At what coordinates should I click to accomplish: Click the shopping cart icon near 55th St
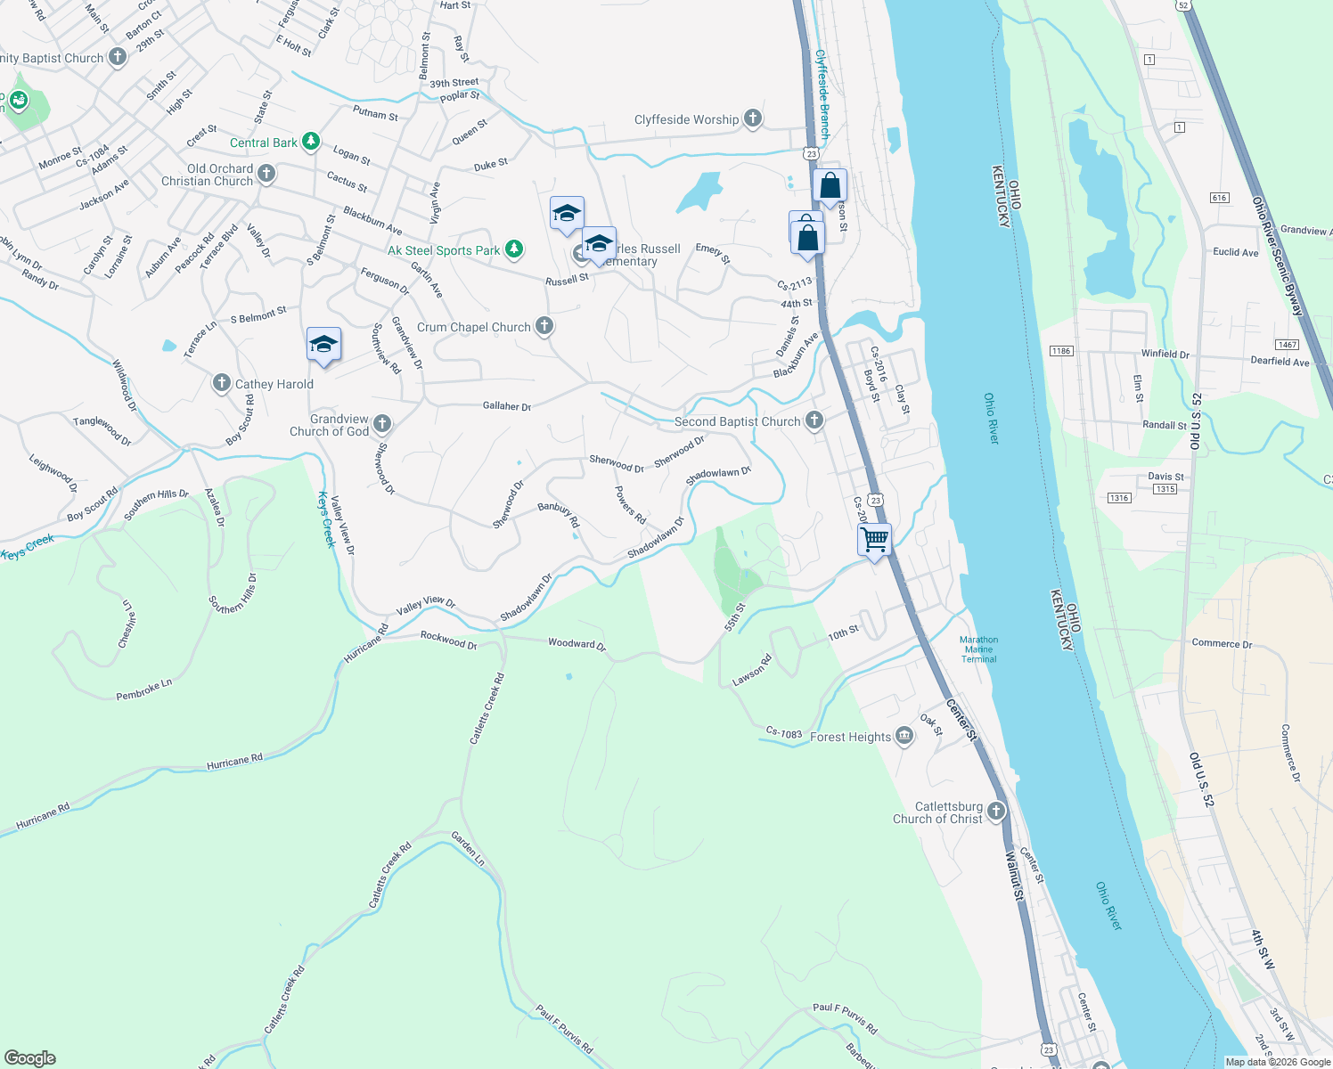coord(874,540)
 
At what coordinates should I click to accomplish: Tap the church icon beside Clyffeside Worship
coord(753,118)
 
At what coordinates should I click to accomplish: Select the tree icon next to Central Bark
coord(310,142)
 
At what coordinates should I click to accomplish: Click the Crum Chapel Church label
coord(473,327)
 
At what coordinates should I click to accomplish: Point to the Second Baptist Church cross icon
coord(814,420)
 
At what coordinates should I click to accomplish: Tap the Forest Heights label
coord(850,737)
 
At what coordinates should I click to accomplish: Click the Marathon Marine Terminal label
coord(978,649)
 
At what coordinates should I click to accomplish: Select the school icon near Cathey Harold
coord(323,345)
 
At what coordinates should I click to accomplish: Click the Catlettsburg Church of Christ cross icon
coord(996,811)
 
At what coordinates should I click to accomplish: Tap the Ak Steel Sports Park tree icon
coord(514,249)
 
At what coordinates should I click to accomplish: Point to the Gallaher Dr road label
coord(506,406)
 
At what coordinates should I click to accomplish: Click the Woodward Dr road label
coord(577,643)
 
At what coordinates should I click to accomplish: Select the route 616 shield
coord(1219,198)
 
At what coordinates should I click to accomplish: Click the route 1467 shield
coord(1287,345)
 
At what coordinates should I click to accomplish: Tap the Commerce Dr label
coord(1222,643)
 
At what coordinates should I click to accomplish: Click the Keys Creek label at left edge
coord(27,548)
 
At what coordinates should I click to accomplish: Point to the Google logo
coord(30,1058)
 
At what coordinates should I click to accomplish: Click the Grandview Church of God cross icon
coord(382,423)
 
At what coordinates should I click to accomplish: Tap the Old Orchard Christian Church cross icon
coord(266,174)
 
